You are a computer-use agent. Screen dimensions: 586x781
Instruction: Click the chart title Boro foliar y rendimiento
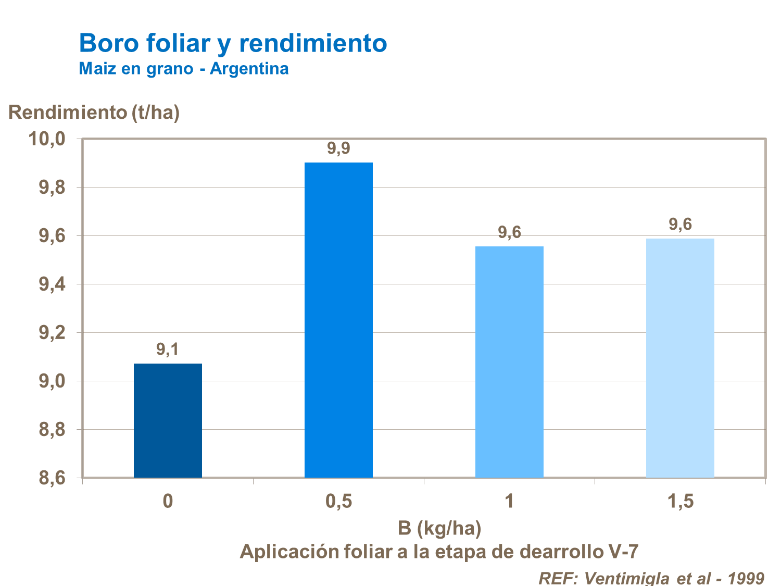pyautogui.click(x=233, y=43)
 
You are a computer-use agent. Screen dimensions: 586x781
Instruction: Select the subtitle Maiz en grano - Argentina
pyautogui.click(x=183, y=69)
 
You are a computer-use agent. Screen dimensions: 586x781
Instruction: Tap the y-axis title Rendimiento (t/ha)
pyautogui.click(x=94, y=113)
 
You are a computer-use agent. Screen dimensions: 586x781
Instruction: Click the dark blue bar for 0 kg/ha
pyautogui.click(x=168, y=420)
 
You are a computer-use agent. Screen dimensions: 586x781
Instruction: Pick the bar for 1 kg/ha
pyautogui.click(x=509, y=361)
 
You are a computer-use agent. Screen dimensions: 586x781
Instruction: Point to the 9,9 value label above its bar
pyautogui.click(x=338, y=149)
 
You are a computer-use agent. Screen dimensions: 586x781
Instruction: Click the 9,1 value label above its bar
pyautogui.click(x=168, y=350)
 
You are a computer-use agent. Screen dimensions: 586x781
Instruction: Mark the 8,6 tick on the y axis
pyautogui.click(x=52, y=478)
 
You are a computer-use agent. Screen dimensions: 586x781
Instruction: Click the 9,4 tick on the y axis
pyautogui.click(x=52, y=284)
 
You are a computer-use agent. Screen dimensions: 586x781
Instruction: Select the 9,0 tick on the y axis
pyautogui.click(x=52, y=381)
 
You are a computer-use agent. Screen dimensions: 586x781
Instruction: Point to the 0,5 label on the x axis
pyautogui.click(x=338, y=502)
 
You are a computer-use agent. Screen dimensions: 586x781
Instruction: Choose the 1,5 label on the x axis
pyautogui.click(x=680, y=502)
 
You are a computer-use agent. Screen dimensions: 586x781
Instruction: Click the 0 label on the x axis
pyautogui.click(x=168, y=502)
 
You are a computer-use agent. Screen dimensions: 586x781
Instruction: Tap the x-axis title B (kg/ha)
pyautogui.click(x=439, y=528)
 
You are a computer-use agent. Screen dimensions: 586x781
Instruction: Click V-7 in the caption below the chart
pyautogui.click(x=623, y=552)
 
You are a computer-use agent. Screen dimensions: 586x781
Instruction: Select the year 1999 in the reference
pyautogui.click(x=746, y=578)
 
